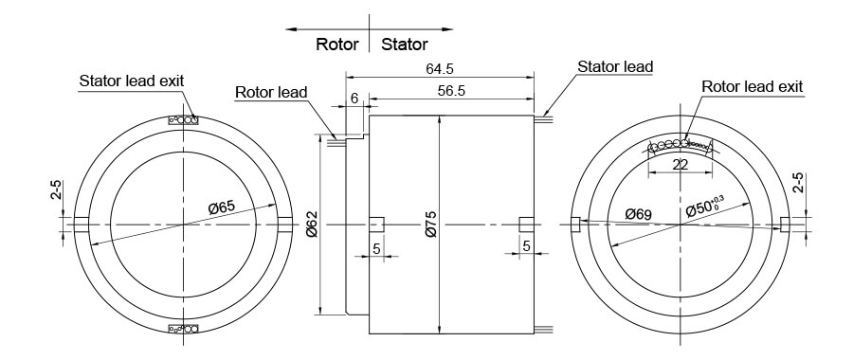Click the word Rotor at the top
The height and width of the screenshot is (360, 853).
pos(336,44)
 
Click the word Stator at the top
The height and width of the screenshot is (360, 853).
pos(404,44)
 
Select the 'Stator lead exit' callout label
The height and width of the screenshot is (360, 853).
pos(131,81)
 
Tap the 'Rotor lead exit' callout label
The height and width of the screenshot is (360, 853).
pos(752,86)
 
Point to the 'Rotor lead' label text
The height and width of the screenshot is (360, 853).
pos(271,92)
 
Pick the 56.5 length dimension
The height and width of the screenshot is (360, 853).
pos(451,90)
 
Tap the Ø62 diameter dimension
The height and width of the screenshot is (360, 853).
pos(312,224)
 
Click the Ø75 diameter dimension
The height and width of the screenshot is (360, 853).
pos(431,224)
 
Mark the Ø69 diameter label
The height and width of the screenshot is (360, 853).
pos(638,215)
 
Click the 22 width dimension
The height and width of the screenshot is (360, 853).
pos(680,165)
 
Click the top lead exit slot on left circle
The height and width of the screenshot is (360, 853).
pos(182,120)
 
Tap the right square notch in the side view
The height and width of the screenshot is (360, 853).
pos(528,225)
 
